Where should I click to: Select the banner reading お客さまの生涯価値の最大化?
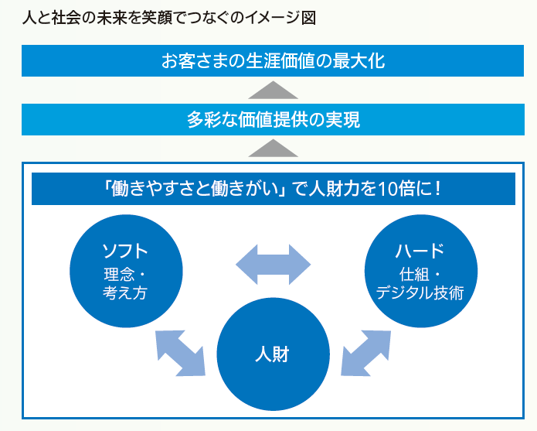click(x=273, y=60)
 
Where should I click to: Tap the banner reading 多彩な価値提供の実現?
click(x=273, y=120)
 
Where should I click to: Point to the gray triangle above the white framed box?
click(x=273, y=148)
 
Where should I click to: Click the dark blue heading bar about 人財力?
click(x=273, y=189)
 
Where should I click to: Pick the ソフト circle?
click(x=125, y=271)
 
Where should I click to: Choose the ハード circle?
click(x=420, y=271)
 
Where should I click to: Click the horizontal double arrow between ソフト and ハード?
click(x=273, y=265)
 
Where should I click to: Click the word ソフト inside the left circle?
click(x=125, y=251)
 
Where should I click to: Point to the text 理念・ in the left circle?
click(x=125, y=274)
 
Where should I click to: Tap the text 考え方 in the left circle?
click(x=125, y=292)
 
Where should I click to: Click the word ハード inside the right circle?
click(x=420, y=251)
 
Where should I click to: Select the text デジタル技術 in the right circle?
click(x=420, y=292)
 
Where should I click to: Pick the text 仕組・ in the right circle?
click(x=420, y=274)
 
